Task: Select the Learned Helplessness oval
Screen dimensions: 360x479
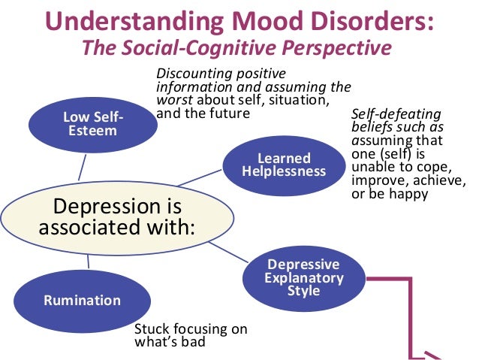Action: point(283,165)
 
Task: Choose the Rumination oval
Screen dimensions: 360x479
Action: point(82,300)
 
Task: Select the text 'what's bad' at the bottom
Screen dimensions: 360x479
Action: point(168,343)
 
